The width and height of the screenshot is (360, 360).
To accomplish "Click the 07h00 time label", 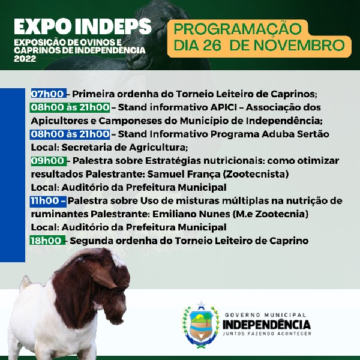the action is coord(47,94).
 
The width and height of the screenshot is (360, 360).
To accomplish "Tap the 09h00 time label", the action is coord(47,161).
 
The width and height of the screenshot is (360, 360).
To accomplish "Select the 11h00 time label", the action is coord(45,201).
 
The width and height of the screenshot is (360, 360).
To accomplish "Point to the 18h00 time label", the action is coord(46,241).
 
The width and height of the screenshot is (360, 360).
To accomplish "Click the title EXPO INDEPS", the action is coord(83,26).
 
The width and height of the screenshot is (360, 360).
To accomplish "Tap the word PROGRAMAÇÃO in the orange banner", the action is coord(238,28).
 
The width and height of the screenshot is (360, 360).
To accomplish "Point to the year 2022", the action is coord(25,59).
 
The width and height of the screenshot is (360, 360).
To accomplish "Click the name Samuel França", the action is coord(184,174).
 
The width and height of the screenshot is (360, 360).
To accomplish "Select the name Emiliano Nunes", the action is coord(191,214).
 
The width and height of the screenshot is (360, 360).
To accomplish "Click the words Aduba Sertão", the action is coord(295,134).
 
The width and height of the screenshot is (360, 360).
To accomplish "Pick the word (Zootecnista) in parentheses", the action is coord(256,174).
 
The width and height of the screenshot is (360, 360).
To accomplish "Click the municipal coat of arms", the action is coord(201,324).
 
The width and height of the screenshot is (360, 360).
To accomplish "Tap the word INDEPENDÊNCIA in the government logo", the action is coord(266,325).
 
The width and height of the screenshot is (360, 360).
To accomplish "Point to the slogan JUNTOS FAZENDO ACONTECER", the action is coord(267,334).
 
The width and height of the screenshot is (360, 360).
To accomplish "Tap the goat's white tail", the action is coord(25,283).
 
